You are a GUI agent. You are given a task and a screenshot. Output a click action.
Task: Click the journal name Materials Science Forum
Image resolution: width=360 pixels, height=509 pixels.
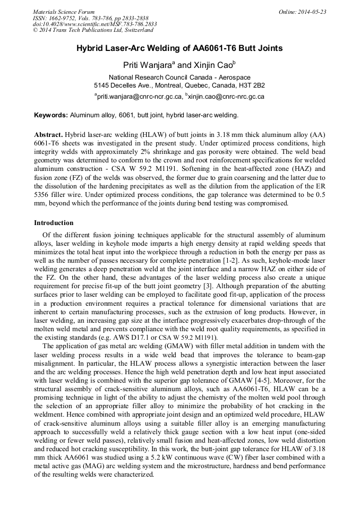click(x=64, y=12)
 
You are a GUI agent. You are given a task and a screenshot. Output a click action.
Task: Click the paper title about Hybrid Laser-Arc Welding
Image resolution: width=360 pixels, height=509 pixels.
click(x=179, y=48)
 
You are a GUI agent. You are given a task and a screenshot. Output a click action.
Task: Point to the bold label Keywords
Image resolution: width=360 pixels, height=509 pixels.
click(x=50, y=115)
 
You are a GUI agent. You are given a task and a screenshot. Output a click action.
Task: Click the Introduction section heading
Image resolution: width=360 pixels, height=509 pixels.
click(x=54, y=223)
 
